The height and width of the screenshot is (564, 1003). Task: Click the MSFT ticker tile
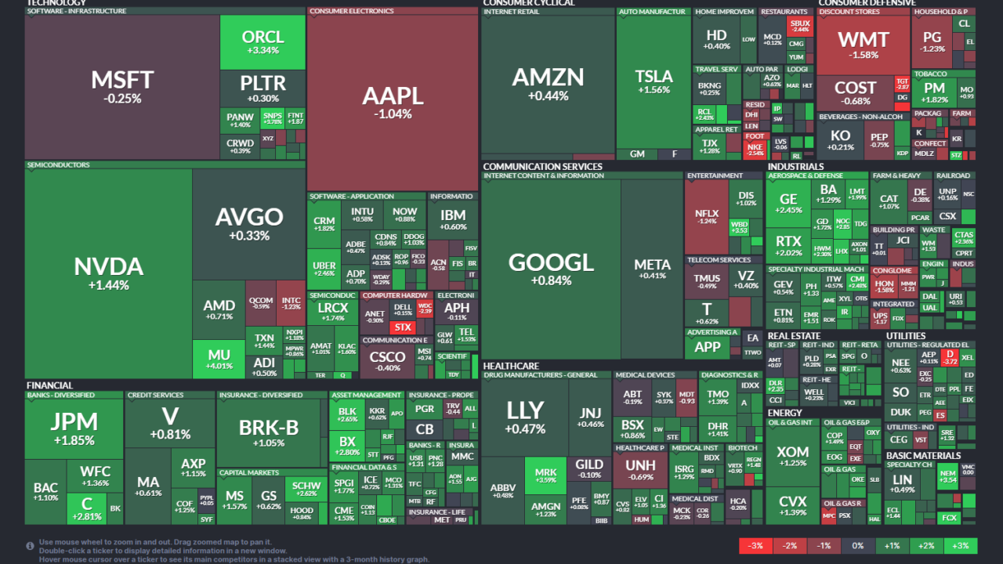[121, 86]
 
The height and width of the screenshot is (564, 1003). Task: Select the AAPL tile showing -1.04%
[393, 102]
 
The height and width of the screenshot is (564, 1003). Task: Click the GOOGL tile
[551, 268]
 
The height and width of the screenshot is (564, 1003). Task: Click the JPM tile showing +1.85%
[74, 427]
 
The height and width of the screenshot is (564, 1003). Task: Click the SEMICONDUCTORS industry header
[59, 165]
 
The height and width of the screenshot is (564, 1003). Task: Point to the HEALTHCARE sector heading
[511, 366]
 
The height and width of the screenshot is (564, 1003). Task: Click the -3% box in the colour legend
[756, 546]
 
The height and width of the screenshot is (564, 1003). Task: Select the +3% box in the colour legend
[960, 546]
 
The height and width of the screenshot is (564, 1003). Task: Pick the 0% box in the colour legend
[858, 546]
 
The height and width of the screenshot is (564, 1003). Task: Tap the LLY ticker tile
[525, 415]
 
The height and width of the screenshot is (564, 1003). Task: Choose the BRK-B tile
[269, 432]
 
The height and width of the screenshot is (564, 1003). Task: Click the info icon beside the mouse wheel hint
[30, 546]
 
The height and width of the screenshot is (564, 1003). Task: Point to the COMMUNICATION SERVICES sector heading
[542, 167]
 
